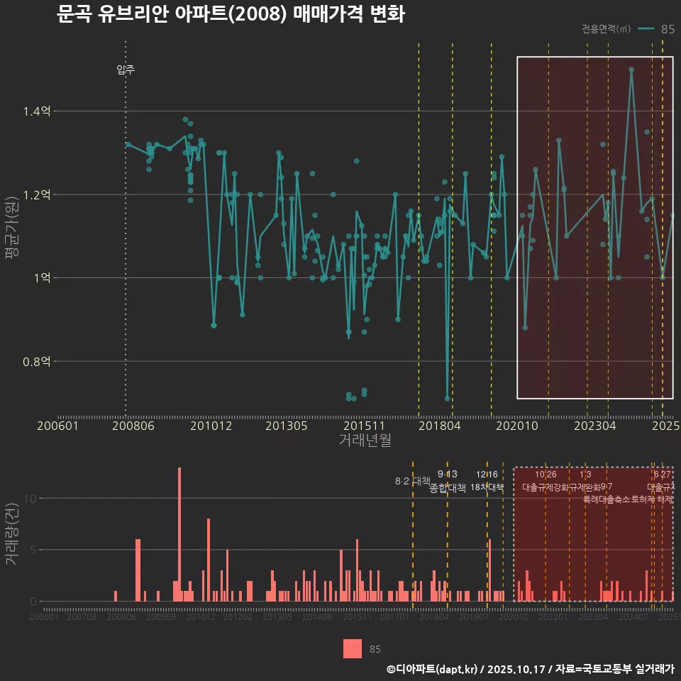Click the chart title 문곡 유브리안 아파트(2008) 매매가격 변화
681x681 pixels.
[x=230, y=14]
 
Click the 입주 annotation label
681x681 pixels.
[x=126, y=70]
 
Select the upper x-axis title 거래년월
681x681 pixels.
[x=365, y=441]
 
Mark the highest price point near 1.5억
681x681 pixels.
[x=631, y=70]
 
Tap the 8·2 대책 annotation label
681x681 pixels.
[x=413, y=481]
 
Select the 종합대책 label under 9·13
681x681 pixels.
[x=448, y=488]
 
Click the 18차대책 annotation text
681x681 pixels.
[x=487, y=487]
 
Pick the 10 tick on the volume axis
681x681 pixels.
[x=29, y=498]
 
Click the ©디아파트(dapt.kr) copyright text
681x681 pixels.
[x=433, y=669]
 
